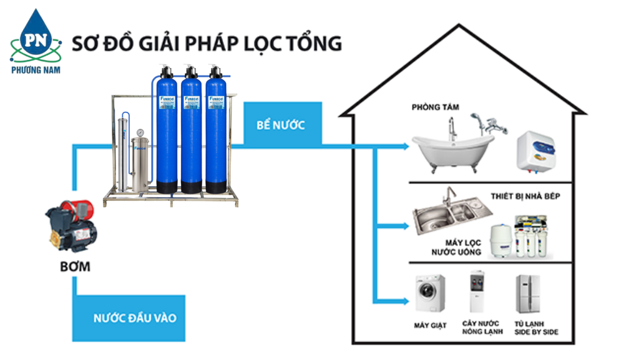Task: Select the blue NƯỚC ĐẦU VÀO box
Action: (x=135, y=318)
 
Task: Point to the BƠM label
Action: (x=75, y=267)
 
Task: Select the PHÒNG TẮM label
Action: (x=435, y=107)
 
